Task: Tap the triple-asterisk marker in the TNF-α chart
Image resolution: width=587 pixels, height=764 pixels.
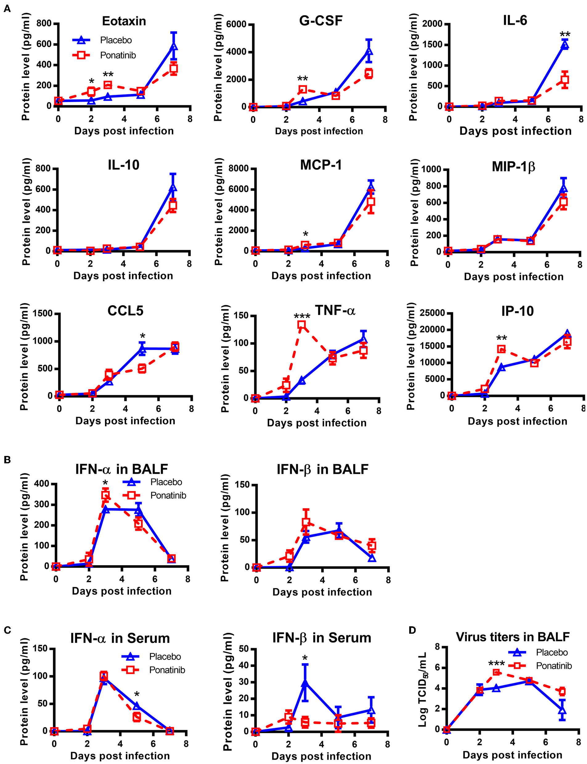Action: [302, 316]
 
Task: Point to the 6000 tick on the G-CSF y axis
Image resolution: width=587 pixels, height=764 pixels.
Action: [236, 24]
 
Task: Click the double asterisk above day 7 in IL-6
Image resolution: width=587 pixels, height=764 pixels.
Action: [565, 34]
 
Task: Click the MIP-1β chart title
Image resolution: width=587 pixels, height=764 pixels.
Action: [513, 167]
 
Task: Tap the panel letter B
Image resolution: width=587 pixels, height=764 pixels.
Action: [7, 460]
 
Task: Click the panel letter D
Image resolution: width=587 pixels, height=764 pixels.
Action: [412, 630]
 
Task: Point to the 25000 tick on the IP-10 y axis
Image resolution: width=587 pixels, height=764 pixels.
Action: [432, 313]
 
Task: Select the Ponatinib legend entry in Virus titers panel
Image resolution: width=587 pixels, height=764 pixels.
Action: [554, 666]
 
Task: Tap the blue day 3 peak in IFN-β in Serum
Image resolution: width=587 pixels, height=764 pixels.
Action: [305, 682]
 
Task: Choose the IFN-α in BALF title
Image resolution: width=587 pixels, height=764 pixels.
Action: [122, 469]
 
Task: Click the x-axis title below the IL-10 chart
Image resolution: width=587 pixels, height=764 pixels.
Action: [123, 276]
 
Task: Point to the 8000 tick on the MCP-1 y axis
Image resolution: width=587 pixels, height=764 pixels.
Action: [238, 169]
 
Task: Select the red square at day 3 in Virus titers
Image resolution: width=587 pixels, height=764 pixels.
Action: [496, 672]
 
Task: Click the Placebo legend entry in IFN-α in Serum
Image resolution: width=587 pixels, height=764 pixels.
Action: [165, 657]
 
